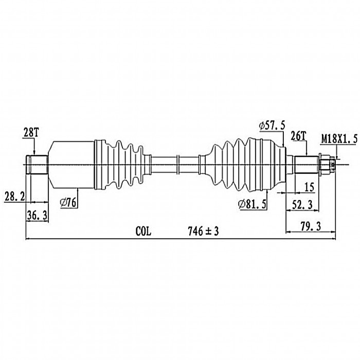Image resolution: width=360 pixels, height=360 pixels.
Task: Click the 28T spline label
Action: pos(31,133)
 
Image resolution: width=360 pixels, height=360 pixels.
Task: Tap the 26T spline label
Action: pos(298,136)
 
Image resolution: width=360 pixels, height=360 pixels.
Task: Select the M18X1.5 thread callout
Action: pos(339,139)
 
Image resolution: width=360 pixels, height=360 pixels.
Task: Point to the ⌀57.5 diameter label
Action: pos(272,126)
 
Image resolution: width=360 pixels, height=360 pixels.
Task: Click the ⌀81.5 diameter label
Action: pos(252,204)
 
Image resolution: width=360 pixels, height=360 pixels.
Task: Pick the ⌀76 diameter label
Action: pos(68,203)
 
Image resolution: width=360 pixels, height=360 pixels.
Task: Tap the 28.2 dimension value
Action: pos(14,197)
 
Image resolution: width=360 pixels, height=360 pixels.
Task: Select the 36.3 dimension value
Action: pos(37,215)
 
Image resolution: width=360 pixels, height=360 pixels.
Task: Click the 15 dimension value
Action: pos(309,187)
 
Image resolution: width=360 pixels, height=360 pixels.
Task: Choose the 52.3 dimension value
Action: pos(302,205)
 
